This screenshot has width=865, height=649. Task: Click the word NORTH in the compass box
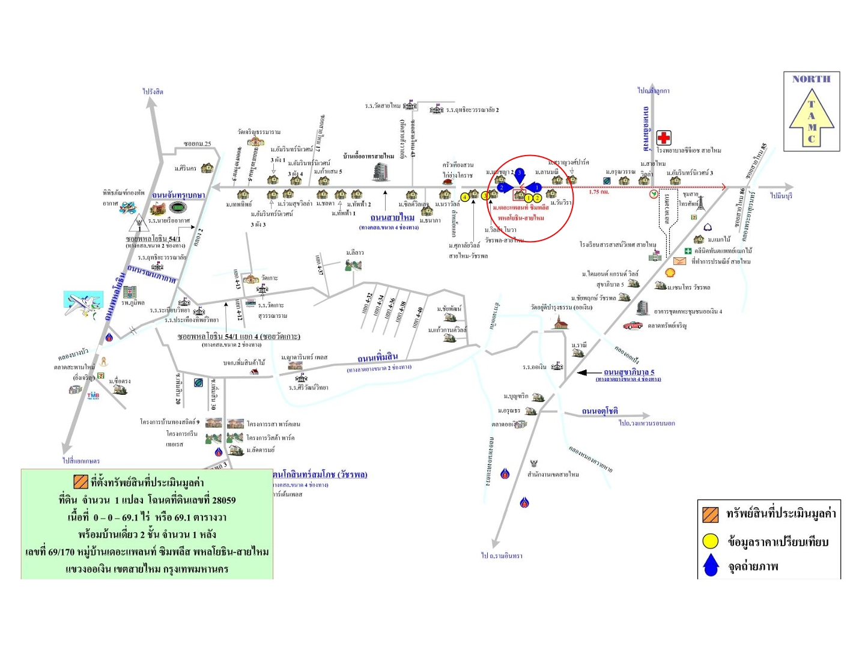click(x=811, y=79)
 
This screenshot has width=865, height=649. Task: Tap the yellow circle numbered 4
click(x=464, y=197)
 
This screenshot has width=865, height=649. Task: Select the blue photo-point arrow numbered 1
click(x=536, y=188)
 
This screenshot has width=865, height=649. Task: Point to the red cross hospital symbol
click(x=663, y=138)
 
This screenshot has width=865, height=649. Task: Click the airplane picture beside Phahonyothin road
click(x=83, y=304)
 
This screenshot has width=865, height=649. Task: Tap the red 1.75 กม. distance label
click(x=599, y=192)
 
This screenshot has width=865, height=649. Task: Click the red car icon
click(x=633, y=325)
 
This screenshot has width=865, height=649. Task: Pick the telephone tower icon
click(x=700, y=203)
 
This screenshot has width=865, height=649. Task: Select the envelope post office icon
click(x=679, y=261)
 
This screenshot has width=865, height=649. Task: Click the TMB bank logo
click(x=93, y=395)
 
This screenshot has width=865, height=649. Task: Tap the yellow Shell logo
click(x=670, y=273)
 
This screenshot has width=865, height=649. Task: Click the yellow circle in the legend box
click(x=711, y=541)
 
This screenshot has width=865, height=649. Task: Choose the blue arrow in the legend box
click(x=711, y=565)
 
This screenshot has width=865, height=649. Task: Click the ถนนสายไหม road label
click(x=392, y=218)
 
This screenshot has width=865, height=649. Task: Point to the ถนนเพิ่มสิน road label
click(x=378, y=358)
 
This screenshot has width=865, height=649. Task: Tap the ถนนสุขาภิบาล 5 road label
click(x=629, y=373)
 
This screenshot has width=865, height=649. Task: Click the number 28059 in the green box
click(x=224, y=500)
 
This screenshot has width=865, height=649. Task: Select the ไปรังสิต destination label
click(x=153, y=92)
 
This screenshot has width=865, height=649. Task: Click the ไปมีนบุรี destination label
click(x=782, y=196)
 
